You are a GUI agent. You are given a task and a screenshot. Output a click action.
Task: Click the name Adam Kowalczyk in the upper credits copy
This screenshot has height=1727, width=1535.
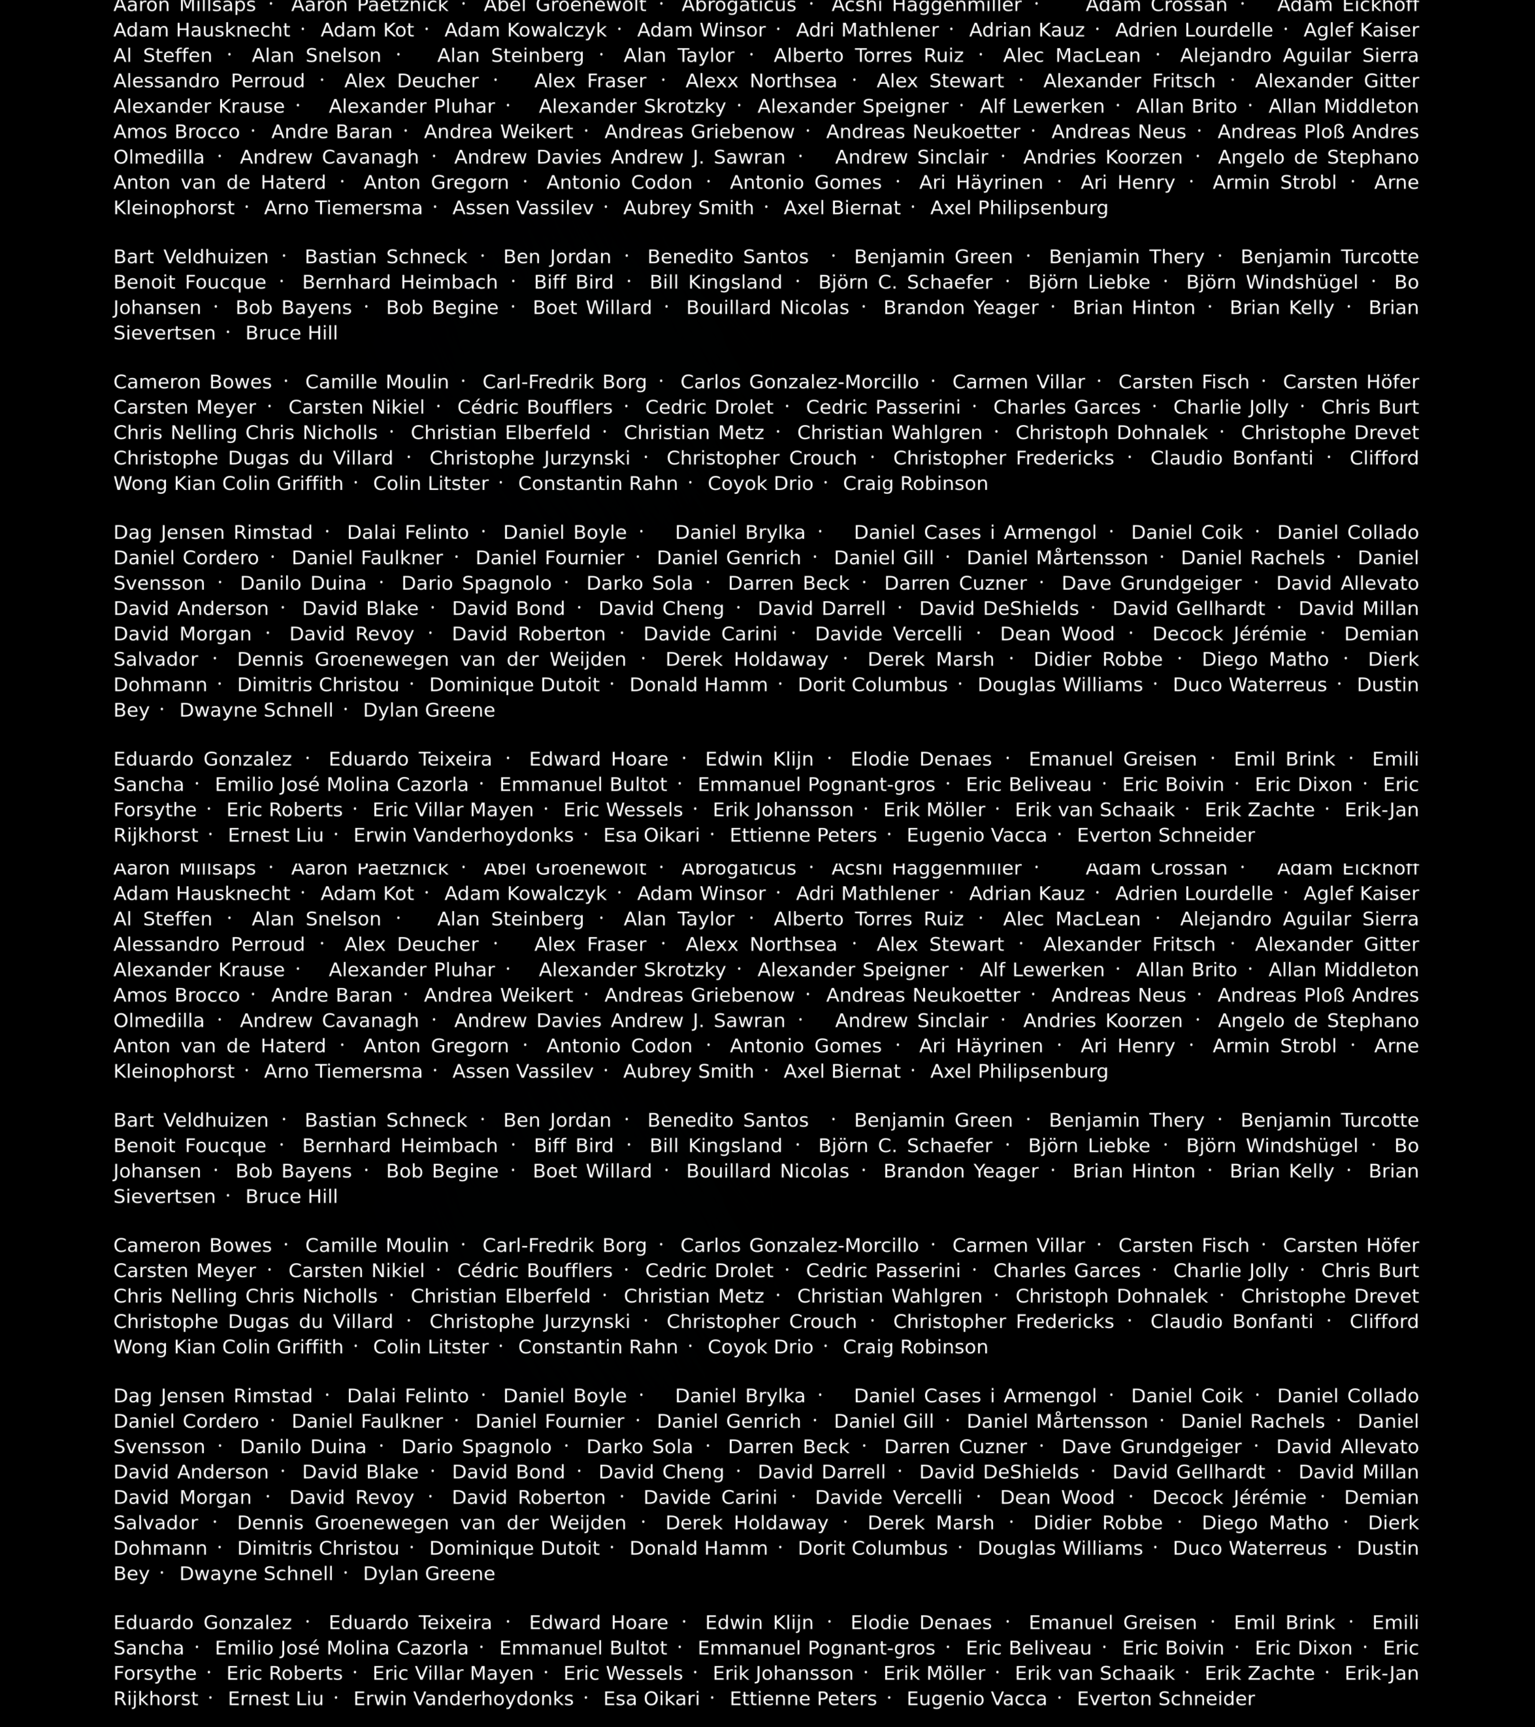pyautogui.click(x=525, y=30)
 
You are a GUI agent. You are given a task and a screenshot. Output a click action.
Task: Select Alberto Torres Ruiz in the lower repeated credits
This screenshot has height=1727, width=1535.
pyautogui.click(x=868, y=919)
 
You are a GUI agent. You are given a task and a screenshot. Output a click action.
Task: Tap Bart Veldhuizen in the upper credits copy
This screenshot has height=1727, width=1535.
pyautogui.click(x=191, y=257)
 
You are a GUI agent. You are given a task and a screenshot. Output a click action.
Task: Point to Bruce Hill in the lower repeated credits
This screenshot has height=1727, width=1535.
pyautogui.click(x=291, y=1196)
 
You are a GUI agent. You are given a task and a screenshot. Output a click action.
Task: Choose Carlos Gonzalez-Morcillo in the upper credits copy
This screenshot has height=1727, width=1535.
pyautogui.click(x=799, y=382)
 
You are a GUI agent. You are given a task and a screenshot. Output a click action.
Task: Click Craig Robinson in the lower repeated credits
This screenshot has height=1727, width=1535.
pyautogui.click(x=915, y=1347)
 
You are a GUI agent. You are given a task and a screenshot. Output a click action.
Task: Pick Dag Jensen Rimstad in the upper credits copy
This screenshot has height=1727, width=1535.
pyautogui.click(x=213, y=532)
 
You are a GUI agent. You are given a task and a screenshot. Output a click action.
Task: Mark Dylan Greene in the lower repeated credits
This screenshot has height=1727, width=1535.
pyautogui.click(x=429, y=1573)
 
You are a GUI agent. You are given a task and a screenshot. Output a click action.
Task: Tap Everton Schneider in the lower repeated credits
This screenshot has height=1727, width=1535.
pyautogui.click(x=1166, y=1698)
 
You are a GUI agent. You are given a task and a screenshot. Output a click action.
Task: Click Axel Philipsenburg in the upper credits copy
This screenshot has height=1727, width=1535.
pyautogui.click(x=1019, y=208)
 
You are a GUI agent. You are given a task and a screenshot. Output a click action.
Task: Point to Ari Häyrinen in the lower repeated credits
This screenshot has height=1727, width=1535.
pyautogui.click(x=981, y=1046)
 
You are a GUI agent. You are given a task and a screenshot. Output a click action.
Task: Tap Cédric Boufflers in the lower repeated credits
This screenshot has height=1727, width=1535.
pyautogui.click(x=535, y=1271)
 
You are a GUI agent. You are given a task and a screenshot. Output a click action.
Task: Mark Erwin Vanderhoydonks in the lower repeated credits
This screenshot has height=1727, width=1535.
pyautogui.click(x=463, y=1698)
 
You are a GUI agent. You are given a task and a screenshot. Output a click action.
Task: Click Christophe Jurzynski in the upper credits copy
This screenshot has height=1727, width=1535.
pyautogui.click(x=530, y=458)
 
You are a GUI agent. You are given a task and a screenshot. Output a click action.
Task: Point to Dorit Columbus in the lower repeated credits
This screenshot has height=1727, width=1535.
pyautogui.click(x=873, y=1548)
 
